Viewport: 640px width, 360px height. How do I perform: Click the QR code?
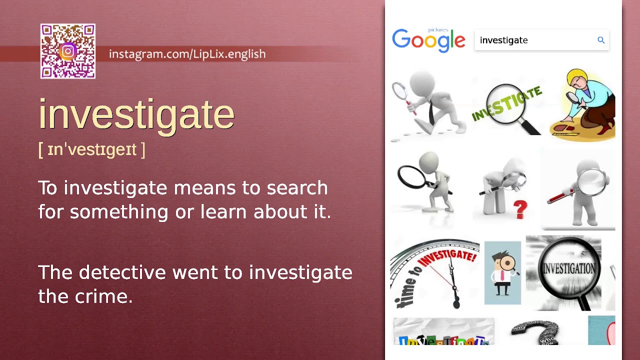tap(68, 51)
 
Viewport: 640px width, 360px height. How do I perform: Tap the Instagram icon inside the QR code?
tap(68, 51)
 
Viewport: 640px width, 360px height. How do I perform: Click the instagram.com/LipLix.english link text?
tap(187, 54)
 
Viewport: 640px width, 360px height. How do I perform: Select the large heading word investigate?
tap(136, 114)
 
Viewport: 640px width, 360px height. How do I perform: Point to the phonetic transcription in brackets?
tap(91, 149)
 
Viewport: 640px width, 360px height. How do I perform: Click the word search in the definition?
tap(297, 188)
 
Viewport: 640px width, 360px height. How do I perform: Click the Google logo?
tap(428, 40)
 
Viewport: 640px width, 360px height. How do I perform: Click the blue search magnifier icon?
tap(601, 40)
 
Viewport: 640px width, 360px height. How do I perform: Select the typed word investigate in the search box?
tap(503, 40)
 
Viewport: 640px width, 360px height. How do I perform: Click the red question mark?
tap(520, 209)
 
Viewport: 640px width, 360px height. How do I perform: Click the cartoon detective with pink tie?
tap(502, 272)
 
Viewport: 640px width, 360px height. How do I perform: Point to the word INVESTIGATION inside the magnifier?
tap(568, 268)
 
